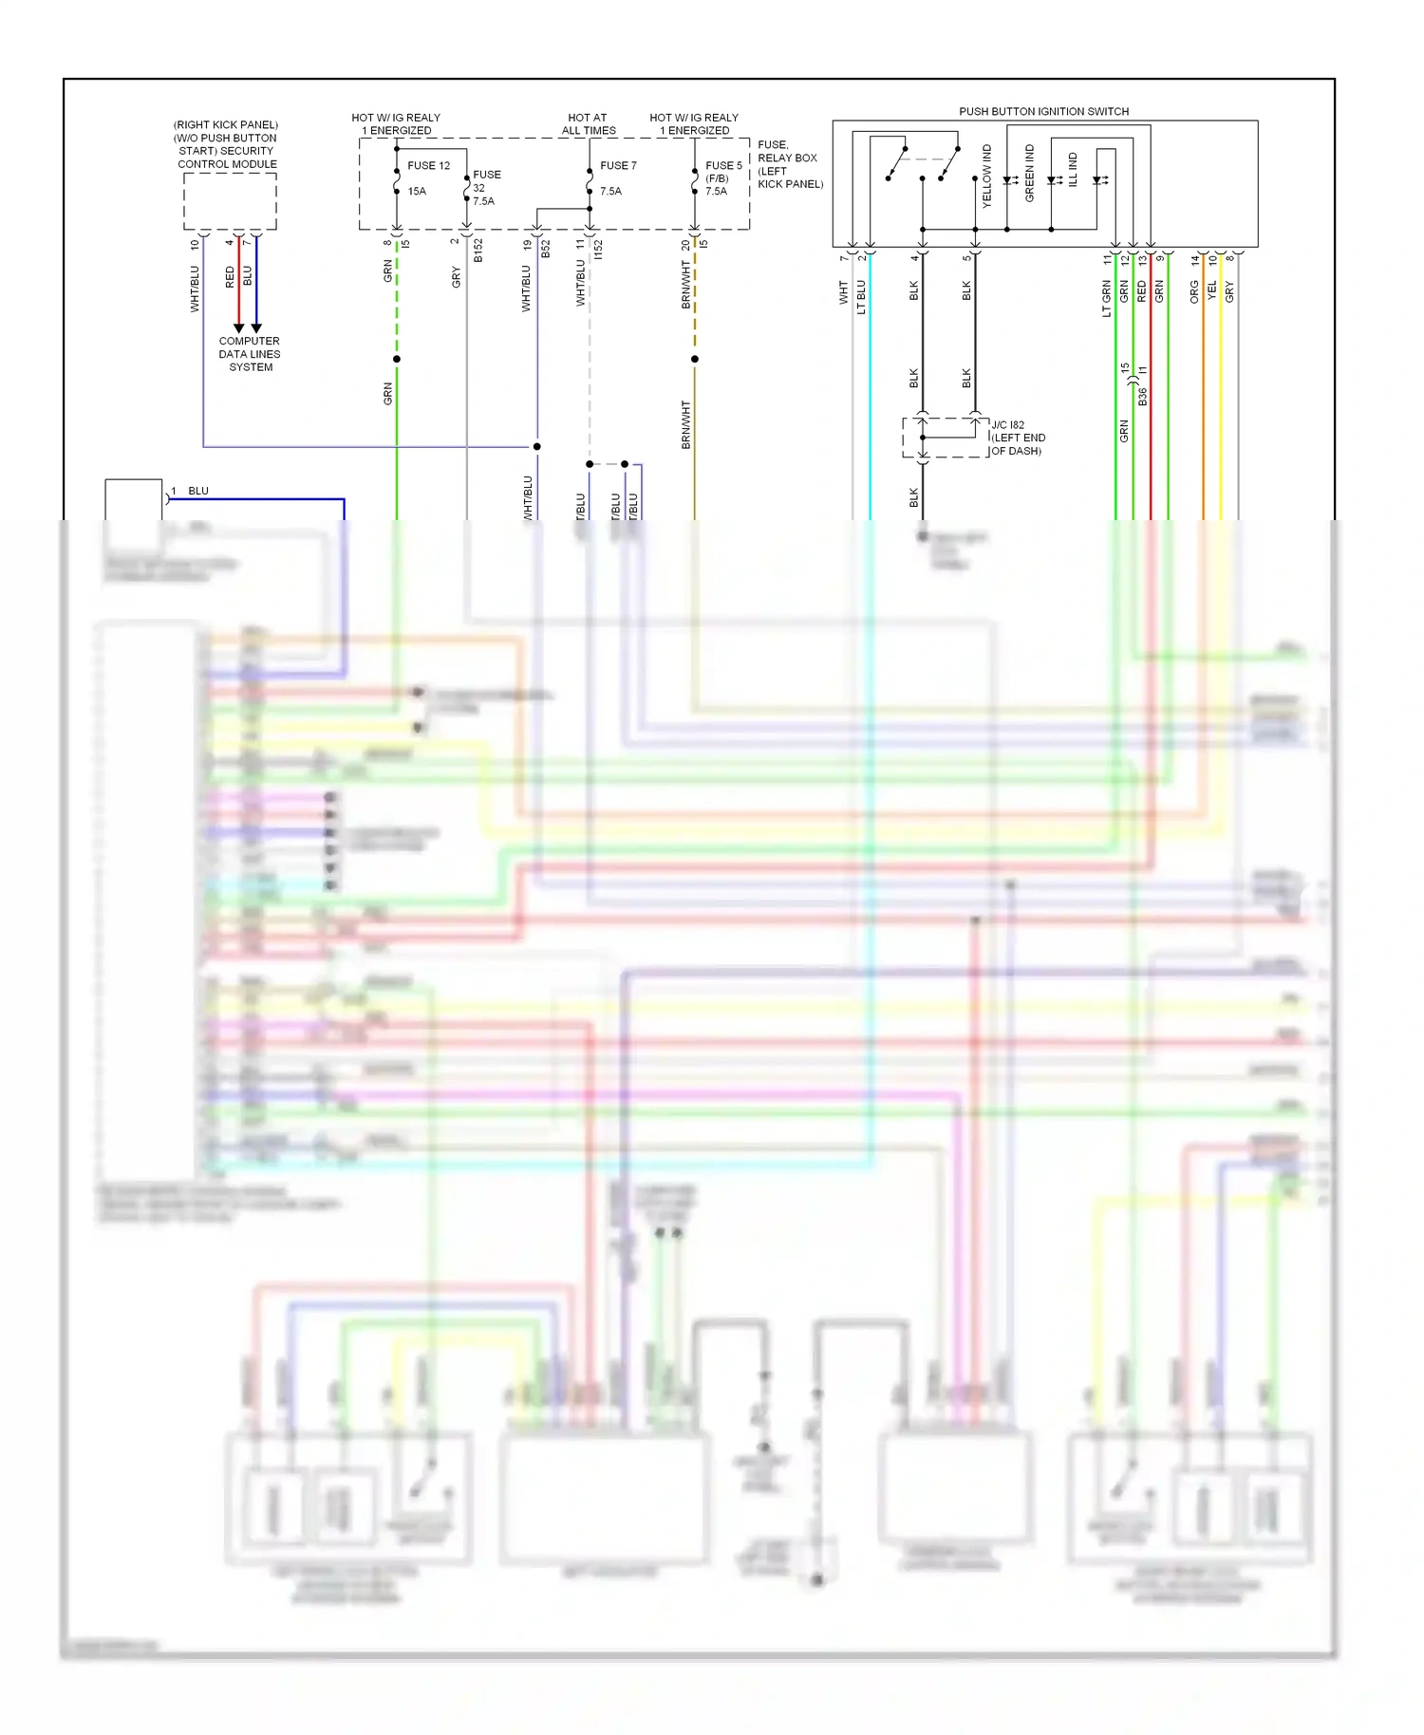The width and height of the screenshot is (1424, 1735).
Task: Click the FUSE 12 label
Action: coord(428,165)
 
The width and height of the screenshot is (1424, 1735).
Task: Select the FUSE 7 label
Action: coord(618,165)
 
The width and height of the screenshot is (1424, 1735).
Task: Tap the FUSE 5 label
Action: coord(723,165)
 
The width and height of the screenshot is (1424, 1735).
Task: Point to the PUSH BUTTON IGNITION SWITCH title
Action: coord(1043,111)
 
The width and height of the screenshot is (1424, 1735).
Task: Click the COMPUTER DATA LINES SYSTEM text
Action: coord(250,354)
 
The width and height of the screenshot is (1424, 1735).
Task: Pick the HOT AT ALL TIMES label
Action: coord(588,124)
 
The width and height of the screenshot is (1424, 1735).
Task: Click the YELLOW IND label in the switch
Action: coord(986,177)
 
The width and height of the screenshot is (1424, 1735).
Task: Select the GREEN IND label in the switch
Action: coord(1030,173)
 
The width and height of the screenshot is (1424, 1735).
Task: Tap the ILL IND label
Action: coord(1073,169)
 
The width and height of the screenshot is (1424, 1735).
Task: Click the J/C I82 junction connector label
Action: coord(1008,425)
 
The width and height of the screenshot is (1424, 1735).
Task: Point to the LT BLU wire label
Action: coord(861,296)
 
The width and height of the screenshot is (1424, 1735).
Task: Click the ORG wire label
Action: coord(1194,292)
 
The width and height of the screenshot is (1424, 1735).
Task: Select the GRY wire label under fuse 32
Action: coord(456,277)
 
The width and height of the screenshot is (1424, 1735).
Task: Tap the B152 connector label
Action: coord(478,251)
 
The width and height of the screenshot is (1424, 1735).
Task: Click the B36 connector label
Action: coord(1142,397)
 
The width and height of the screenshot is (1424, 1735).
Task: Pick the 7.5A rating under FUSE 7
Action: coord(610,191)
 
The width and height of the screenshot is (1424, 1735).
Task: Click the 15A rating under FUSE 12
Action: coord(417,191)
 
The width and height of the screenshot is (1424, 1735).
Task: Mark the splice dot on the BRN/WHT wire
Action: coord(695,359)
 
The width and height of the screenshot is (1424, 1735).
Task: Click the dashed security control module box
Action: coord(230,201)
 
